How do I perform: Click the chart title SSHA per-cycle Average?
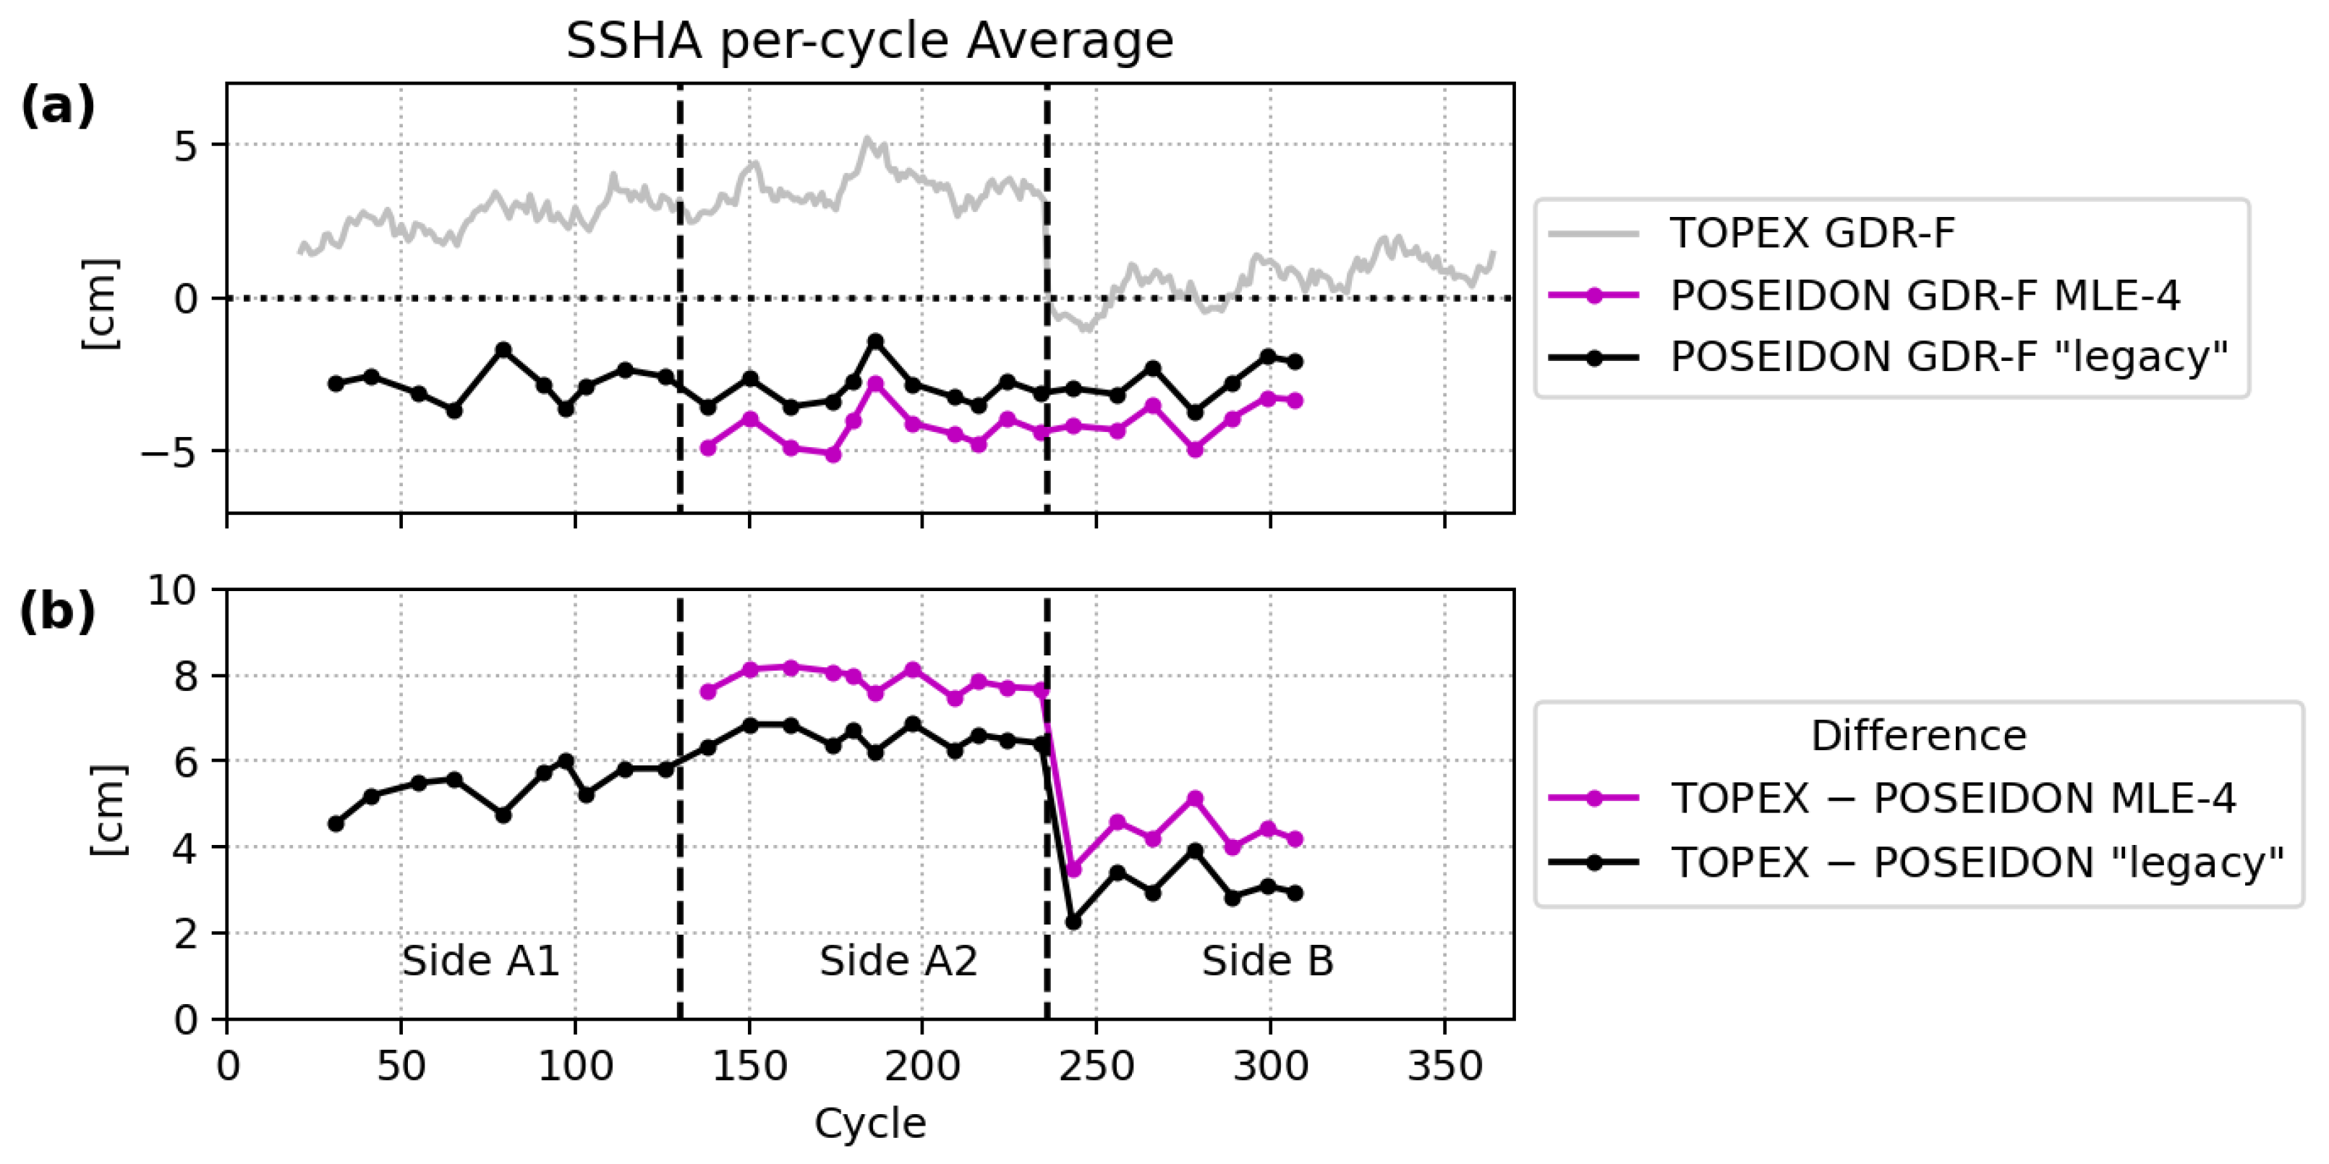tap(869, 41)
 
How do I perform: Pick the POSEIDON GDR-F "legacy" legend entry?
tap(1949, 357)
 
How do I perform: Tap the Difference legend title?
tap(1917, 735)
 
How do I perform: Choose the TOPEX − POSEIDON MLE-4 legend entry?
tap(1952, 799)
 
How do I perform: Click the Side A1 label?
tap(480, 961)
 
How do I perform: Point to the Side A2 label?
tap(898, 961)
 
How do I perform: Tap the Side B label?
tap(1266, 961)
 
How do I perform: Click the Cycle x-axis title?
tap(869, 1124)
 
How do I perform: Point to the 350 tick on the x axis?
tap(1444, 1066)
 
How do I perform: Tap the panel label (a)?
tap(58, 107)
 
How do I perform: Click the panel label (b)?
tap(58, 612)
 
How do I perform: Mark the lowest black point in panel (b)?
tap(1073, 922)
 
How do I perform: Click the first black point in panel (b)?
tap(336, 823)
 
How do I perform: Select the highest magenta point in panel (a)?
tap(874, 384)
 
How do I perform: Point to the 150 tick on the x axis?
tap(749, 1066)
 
